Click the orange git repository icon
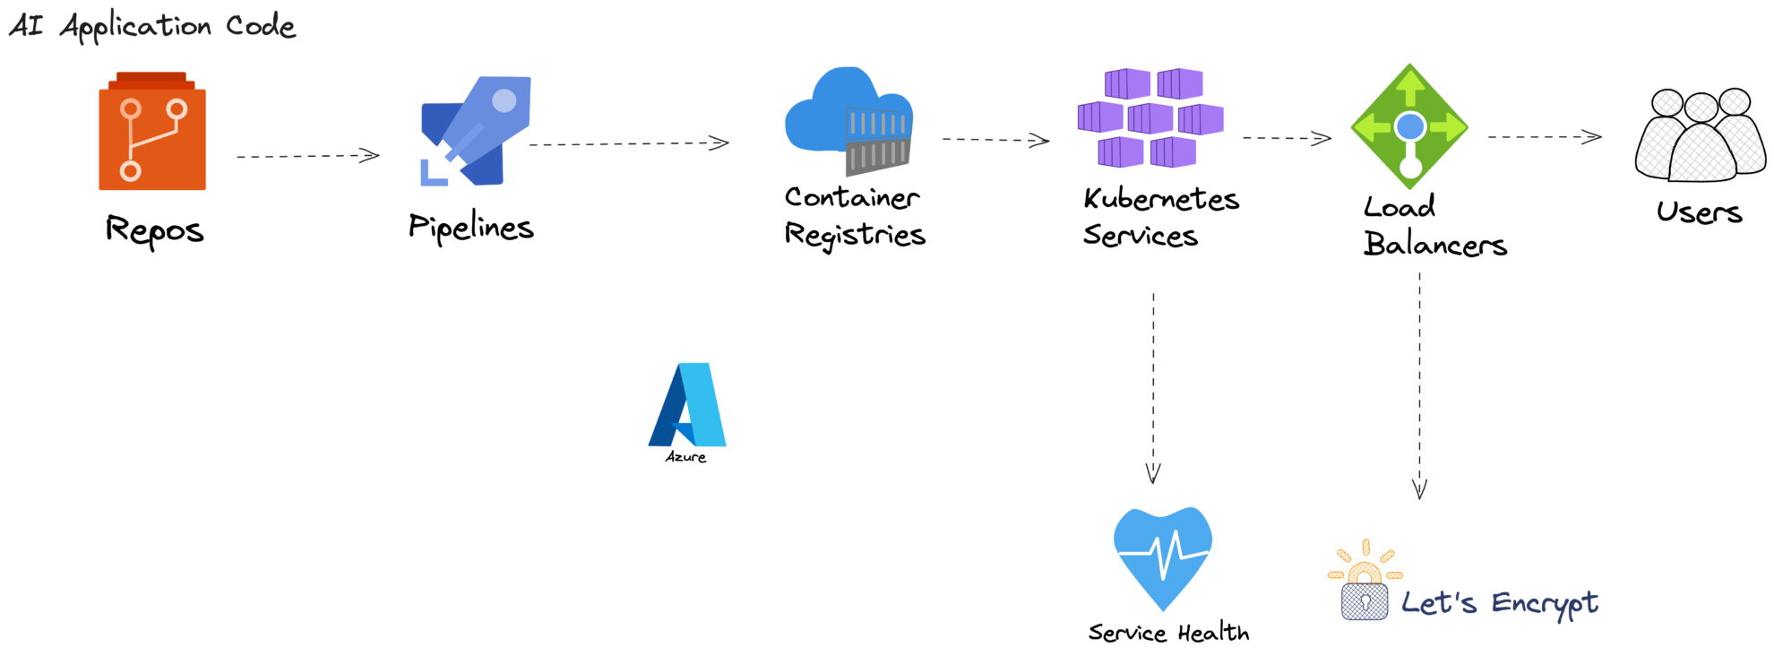(152, 134)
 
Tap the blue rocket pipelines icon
(477, 130)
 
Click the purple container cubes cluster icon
(1151, 118)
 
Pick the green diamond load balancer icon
(1409, 126)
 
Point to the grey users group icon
(1700, 136)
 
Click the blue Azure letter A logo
(688, 405)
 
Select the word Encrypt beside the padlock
(1545, 603)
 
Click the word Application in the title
(135, 27)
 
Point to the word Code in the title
(260, 25)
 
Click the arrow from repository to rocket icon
(307, 156)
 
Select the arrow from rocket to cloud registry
(629, 143)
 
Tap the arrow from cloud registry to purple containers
(995, 140)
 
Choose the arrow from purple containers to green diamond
(1287, 138)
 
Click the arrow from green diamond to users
(1544, 137)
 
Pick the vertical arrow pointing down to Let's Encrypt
(1419, 385)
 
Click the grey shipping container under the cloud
(878, 156)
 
